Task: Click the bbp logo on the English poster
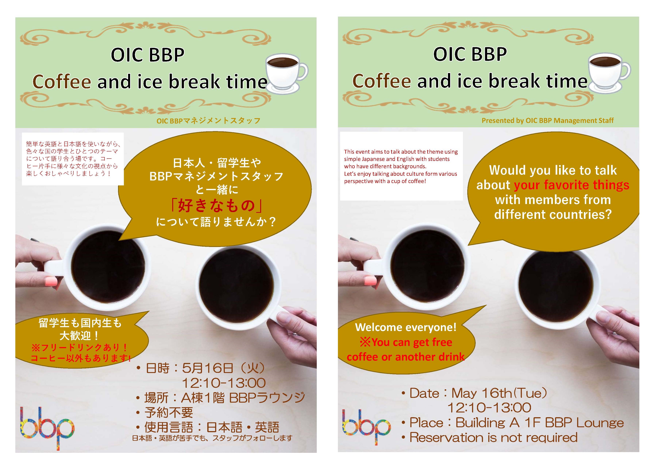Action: click(x=366, y=427)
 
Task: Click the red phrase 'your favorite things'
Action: click(x=571, y=185)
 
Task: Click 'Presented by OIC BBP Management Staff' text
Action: click(x=548, y=121)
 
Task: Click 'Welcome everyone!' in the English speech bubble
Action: click(x=405, y=327)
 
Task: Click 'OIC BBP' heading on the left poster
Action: click(x=148, y=55)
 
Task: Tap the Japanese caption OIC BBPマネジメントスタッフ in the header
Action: click(x=208, y=121)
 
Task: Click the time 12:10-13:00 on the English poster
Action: click(x=489, y=408)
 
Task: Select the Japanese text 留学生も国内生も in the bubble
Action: click(x=80, y=323)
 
